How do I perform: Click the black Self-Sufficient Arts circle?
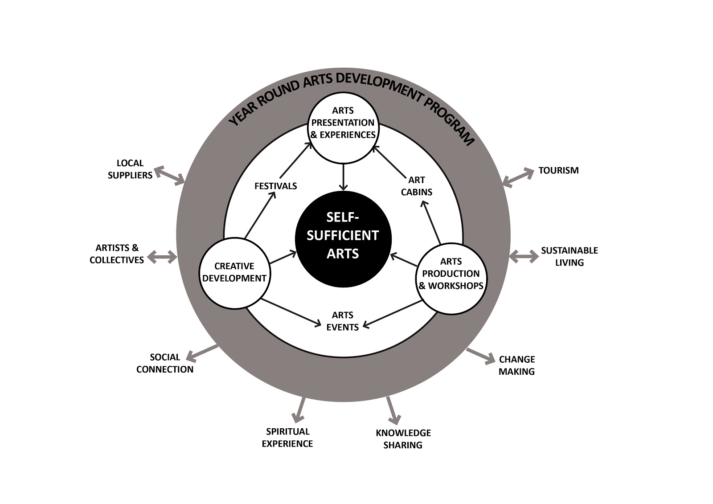343,239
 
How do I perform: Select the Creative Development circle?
234,272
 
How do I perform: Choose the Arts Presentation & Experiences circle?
343,129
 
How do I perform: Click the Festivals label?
275,186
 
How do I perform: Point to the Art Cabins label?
417,186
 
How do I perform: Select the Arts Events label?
342,321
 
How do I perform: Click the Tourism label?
558,170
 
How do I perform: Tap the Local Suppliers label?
130,169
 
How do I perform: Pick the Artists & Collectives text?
117,254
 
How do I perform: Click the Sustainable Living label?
569,256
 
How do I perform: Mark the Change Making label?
516,365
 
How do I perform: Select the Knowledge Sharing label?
403,438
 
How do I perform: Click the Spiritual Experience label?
287,437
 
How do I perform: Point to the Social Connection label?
165,363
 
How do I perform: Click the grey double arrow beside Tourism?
518,176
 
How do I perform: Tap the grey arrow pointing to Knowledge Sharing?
393,410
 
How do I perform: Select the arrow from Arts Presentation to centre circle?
343,177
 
